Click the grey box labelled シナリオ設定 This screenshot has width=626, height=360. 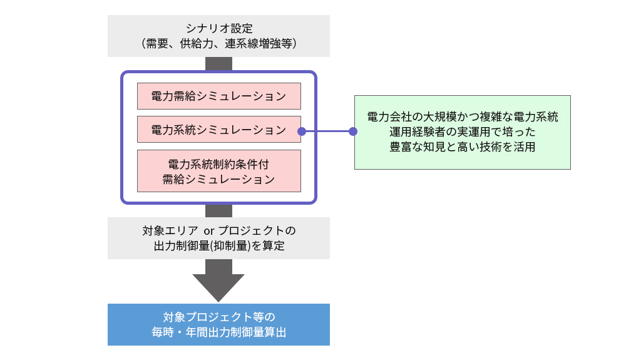[218, 36]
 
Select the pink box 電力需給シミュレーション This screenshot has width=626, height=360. [218, 96]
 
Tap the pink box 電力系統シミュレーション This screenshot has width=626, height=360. [218, 130]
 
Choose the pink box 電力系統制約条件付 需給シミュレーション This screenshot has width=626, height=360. [218, 170]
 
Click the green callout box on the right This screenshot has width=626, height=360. [462, 132]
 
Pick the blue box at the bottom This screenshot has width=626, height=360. [218, 324]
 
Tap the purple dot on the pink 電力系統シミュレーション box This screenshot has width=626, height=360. [301, 131]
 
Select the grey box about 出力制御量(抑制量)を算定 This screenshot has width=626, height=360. [218, 238]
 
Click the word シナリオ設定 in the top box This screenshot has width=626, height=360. [218, 28]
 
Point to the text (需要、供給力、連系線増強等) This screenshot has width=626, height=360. [218, 44]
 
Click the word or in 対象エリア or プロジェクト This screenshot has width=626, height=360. [209, 230]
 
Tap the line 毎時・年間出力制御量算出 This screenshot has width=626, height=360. [218, 332]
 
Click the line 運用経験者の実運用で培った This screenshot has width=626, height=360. [462, 132]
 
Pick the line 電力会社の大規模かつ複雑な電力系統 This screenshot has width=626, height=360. [462, 117]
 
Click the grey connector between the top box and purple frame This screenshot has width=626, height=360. [218, 63]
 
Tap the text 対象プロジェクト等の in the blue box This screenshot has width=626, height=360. [218, 316]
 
